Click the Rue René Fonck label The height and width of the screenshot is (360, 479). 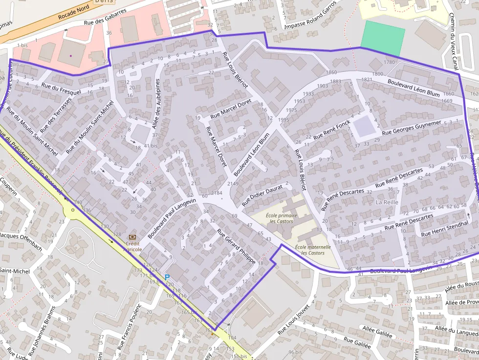click(x=332, y=129)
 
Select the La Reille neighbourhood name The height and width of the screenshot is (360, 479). click(x=387, y=202)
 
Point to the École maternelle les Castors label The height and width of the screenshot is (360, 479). click(x=313, y=250)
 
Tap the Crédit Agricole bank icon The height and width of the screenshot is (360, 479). click(x=132, y=237)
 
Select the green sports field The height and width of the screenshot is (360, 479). click(x=383, y=38)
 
